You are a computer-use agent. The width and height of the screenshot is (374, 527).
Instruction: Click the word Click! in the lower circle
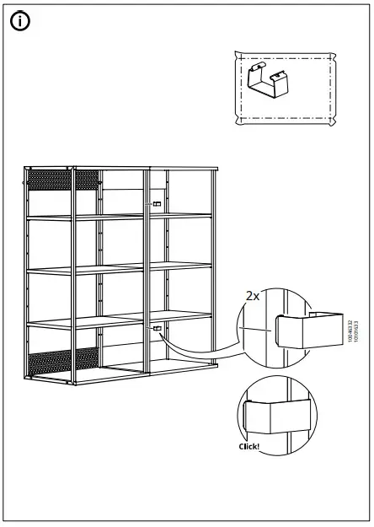tap(249, 447)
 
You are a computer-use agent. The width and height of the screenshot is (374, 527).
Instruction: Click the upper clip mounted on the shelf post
tap(157, 204)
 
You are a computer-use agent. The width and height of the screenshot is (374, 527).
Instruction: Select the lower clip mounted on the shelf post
tap(157, 328)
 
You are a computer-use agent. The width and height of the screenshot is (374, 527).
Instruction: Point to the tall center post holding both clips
tap(148, 270)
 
